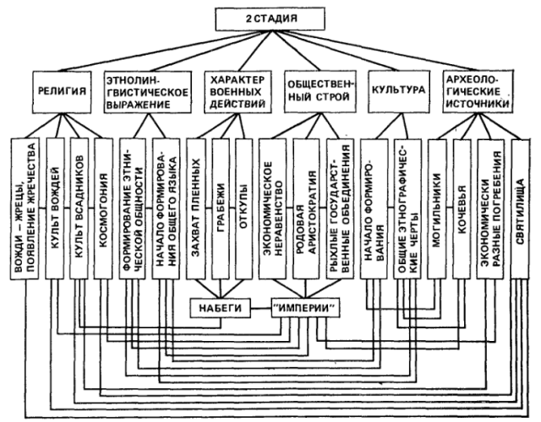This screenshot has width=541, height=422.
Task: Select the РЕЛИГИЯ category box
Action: (64, 89)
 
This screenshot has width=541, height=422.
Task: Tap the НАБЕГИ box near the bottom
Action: (221, 309)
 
